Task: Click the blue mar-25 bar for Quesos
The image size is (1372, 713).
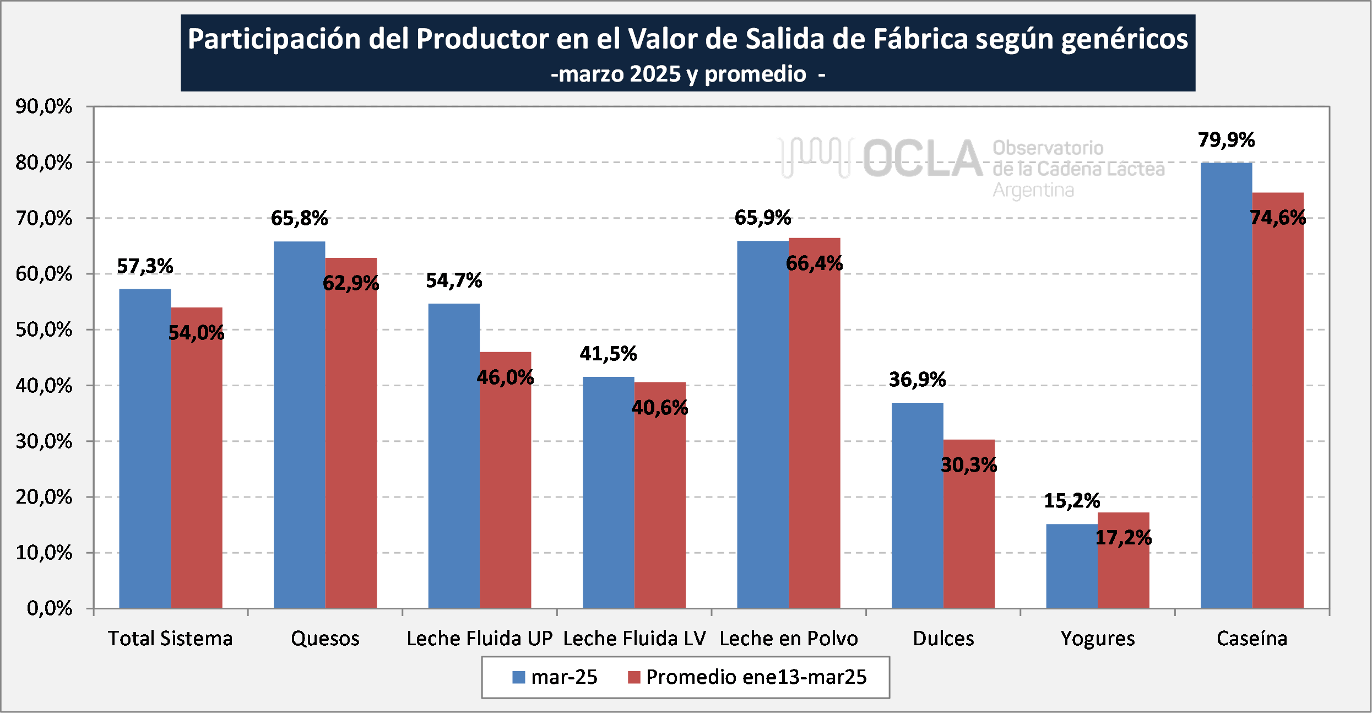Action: (299, 424)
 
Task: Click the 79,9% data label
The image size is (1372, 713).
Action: (1226, 140)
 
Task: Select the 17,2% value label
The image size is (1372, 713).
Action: (1123, 537)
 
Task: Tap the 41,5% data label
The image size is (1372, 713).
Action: (608, 354)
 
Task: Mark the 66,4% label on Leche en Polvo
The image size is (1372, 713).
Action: (814, 263)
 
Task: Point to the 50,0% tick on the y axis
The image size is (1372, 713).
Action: (44, 330)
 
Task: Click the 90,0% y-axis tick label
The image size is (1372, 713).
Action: (44, 106)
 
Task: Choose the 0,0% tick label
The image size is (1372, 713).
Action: (50, 608)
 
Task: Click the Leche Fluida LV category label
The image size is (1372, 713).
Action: (634, 639)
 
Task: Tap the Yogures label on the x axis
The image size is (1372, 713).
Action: (1098, 639)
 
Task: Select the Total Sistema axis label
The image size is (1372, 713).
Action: (170, 639)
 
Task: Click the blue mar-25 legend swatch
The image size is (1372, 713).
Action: (518, 677)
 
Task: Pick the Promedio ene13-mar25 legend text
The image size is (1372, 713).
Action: (756, 677)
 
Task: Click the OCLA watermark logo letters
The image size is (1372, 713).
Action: (923, 159)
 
